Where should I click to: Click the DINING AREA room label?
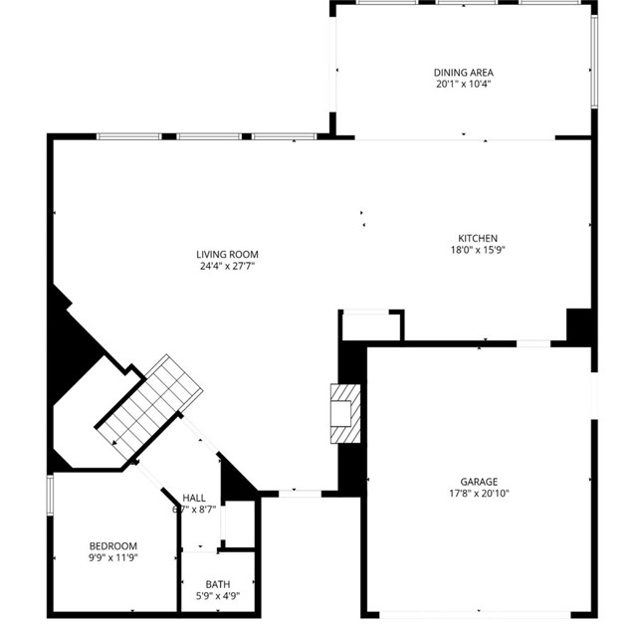463,73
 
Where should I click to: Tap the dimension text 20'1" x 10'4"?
463,85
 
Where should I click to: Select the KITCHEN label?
477,238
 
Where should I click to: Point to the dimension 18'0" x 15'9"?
477,250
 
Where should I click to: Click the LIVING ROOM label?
227,255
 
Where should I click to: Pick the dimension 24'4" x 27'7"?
227,267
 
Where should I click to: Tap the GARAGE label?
479,481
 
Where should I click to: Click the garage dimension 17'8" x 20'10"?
479,493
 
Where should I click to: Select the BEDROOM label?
112,545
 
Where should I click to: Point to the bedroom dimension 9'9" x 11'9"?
112,557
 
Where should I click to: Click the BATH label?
217,584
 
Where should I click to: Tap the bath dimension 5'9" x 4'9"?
217,596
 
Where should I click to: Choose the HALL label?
194,498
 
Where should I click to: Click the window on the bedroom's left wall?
50,498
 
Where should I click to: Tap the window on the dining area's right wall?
594,60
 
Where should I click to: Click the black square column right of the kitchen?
579,325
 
